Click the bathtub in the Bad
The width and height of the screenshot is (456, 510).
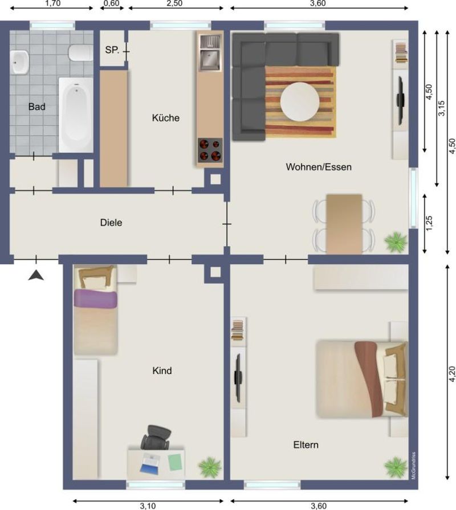pyautogui.click(x=76, y=115)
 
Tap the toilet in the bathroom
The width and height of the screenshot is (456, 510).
pyautogui.click(x=80, y=52)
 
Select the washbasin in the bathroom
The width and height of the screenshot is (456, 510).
pyautogui.click(x=19, y=62)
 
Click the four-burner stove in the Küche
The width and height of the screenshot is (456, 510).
pyautogui.click(x=210, y=150)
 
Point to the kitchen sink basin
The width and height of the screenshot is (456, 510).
pyautogui.click(x=210, y=59)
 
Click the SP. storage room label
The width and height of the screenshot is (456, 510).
pyautogui.click(x=112, y=50)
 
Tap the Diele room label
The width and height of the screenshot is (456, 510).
pyautogui.click(x=111, y=223)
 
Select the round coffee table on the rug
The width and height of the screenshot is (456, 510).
pyautogui.click(x=300, y=101)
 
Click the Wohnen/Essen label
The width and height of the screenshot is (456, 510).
pyautogui.click(x=319, y=167)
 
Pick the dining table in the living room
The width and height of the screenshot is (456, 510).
pyautogui.click(x=344, y=224)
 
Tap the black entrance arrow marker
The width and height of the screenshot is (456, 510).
pyautogui.click(x=36, y=275)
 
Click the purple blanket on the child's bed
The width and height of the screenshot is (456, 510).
pyautogui.click(x=95, y=299)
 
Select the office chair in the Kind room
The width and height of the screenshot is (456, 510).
pyautogui.click(x=156, y=437)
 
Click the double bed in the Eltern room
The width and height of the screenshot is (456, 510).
pyautogui.click(x=362, y=379)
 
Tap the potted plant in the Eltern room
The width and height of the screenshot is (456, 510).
pyautogui.click(x=396, y=467)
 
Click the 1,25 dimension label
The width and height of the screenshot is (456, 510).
pyautogui.click(x=429, y=223)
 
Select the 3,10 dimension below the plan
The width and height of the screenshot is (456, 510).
pyautogui.click(x=148, y=506)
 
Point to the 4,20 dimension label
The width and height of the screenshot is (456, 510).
pyautogui.click(x=452, y=374)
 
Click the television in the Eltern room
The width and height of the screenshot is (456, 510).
pyautogui.click(x=238, y=377)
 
